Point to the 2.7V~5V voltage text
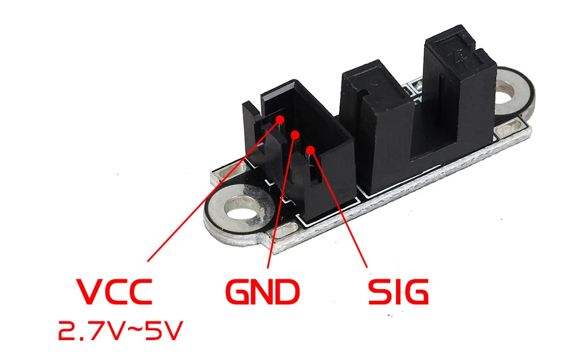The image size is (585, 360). point(120,331)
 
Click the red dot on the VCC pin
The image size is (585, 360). point(280,119)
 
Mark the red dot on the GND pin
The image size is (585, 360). point(295,135)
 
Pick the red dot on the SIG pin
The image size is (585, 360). point(311,150)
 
